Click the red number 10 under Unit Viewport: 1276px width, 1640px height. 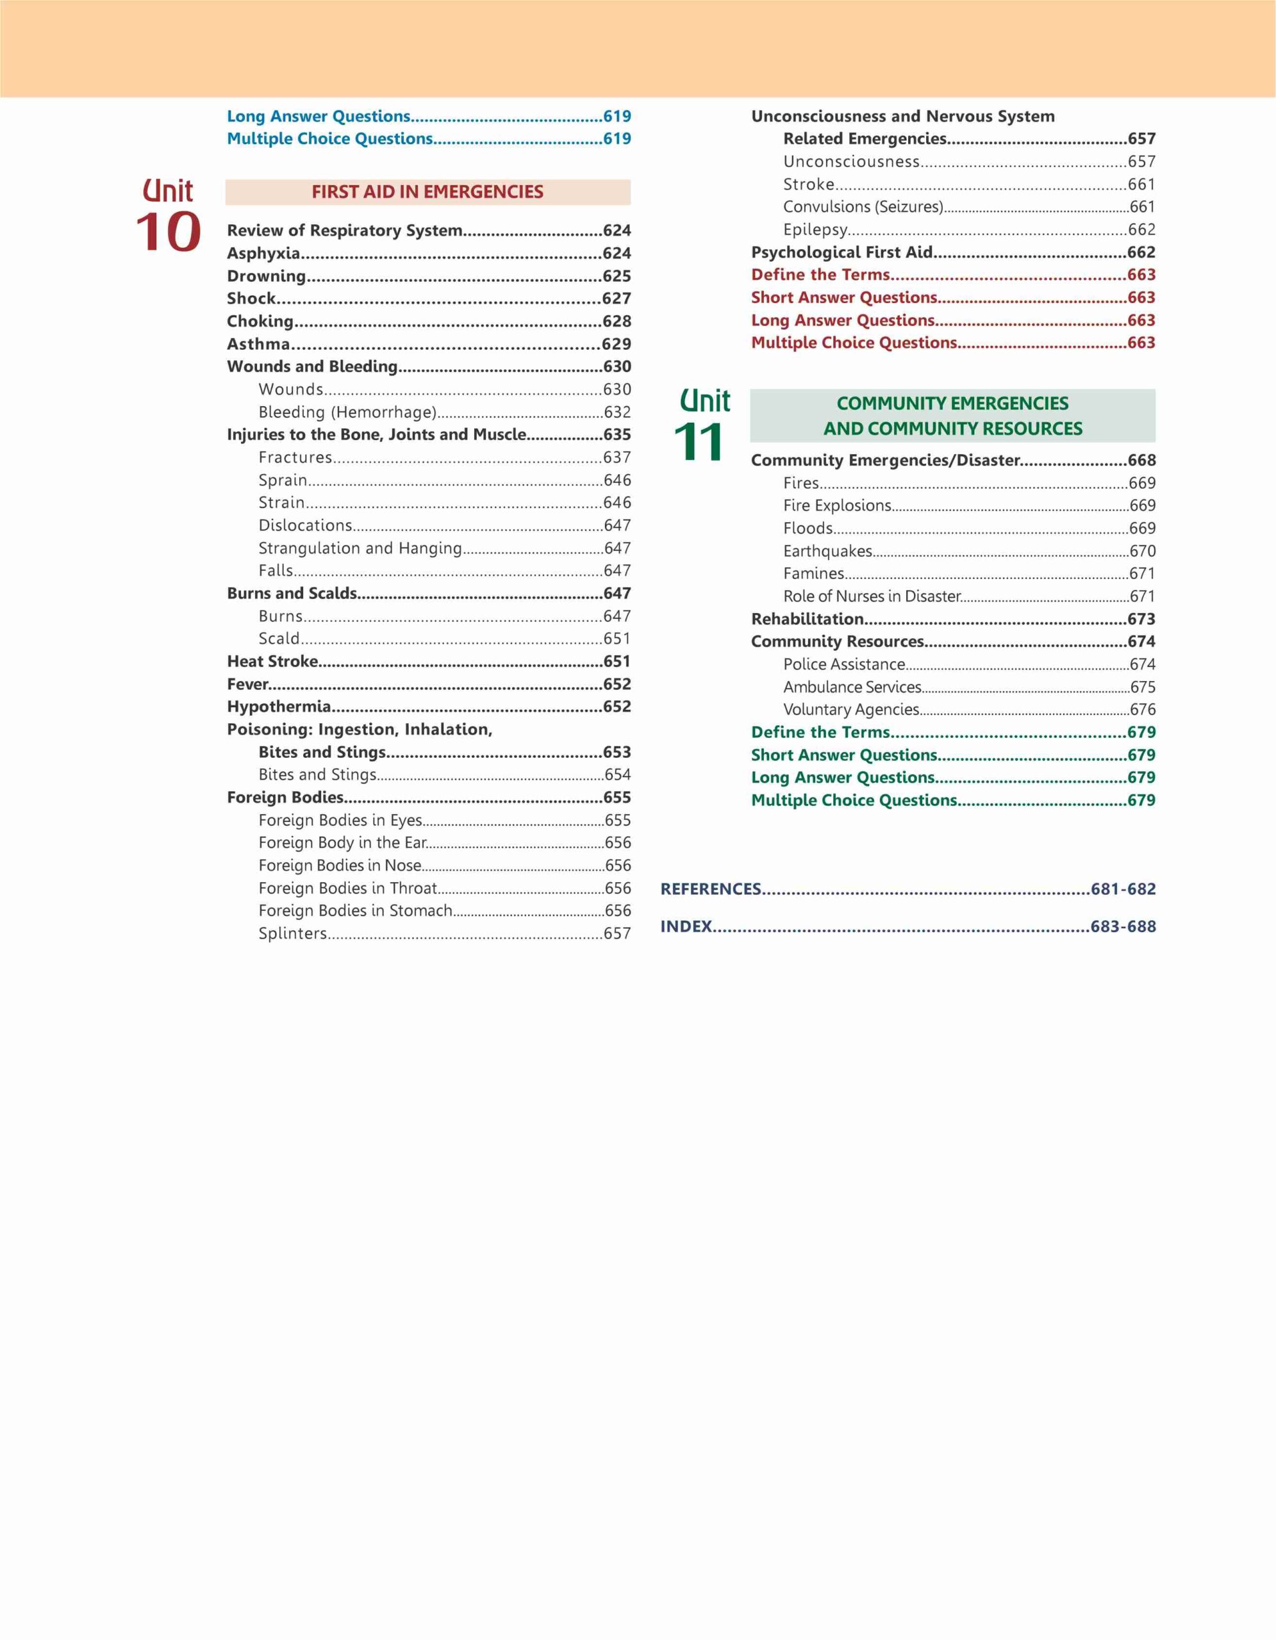[x=168, y=232]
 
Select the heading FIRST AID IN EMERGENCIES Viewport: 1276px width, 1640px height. [x=427, y=192]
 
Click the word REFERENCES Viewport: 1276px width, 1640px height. [x=711, y=889]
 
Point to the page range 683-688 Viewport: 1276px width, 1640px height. [x=1123, y=926]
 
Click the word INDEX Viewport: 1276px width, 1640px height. [x=686, y=926]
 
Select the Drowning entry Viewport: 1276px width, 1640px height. [x=267, y=276]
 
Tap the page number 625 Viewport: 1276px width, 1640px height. [x=617, y=276]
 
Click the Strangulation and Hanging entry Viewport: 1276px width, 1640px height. [x=360, y=548]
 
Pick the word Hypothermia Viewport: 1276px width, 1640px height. [x=279, y=707]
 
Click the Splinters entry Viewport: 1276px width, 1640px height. [x=293, y=933]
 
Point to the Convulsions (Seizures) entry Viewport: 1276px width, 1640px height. [x=863, y=206]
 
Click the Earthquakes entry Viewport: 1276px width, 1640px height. [x=827, y=551]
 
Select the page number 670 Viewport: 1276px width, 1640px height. [x=1142, y=551]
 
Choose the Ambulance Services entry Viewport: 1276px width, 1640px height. [x=852, y=687]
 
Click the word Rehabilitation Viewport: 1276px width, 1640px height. [x=808, y=619]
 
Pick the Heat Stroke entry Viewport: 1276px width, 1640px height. [x=272, y=662]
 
